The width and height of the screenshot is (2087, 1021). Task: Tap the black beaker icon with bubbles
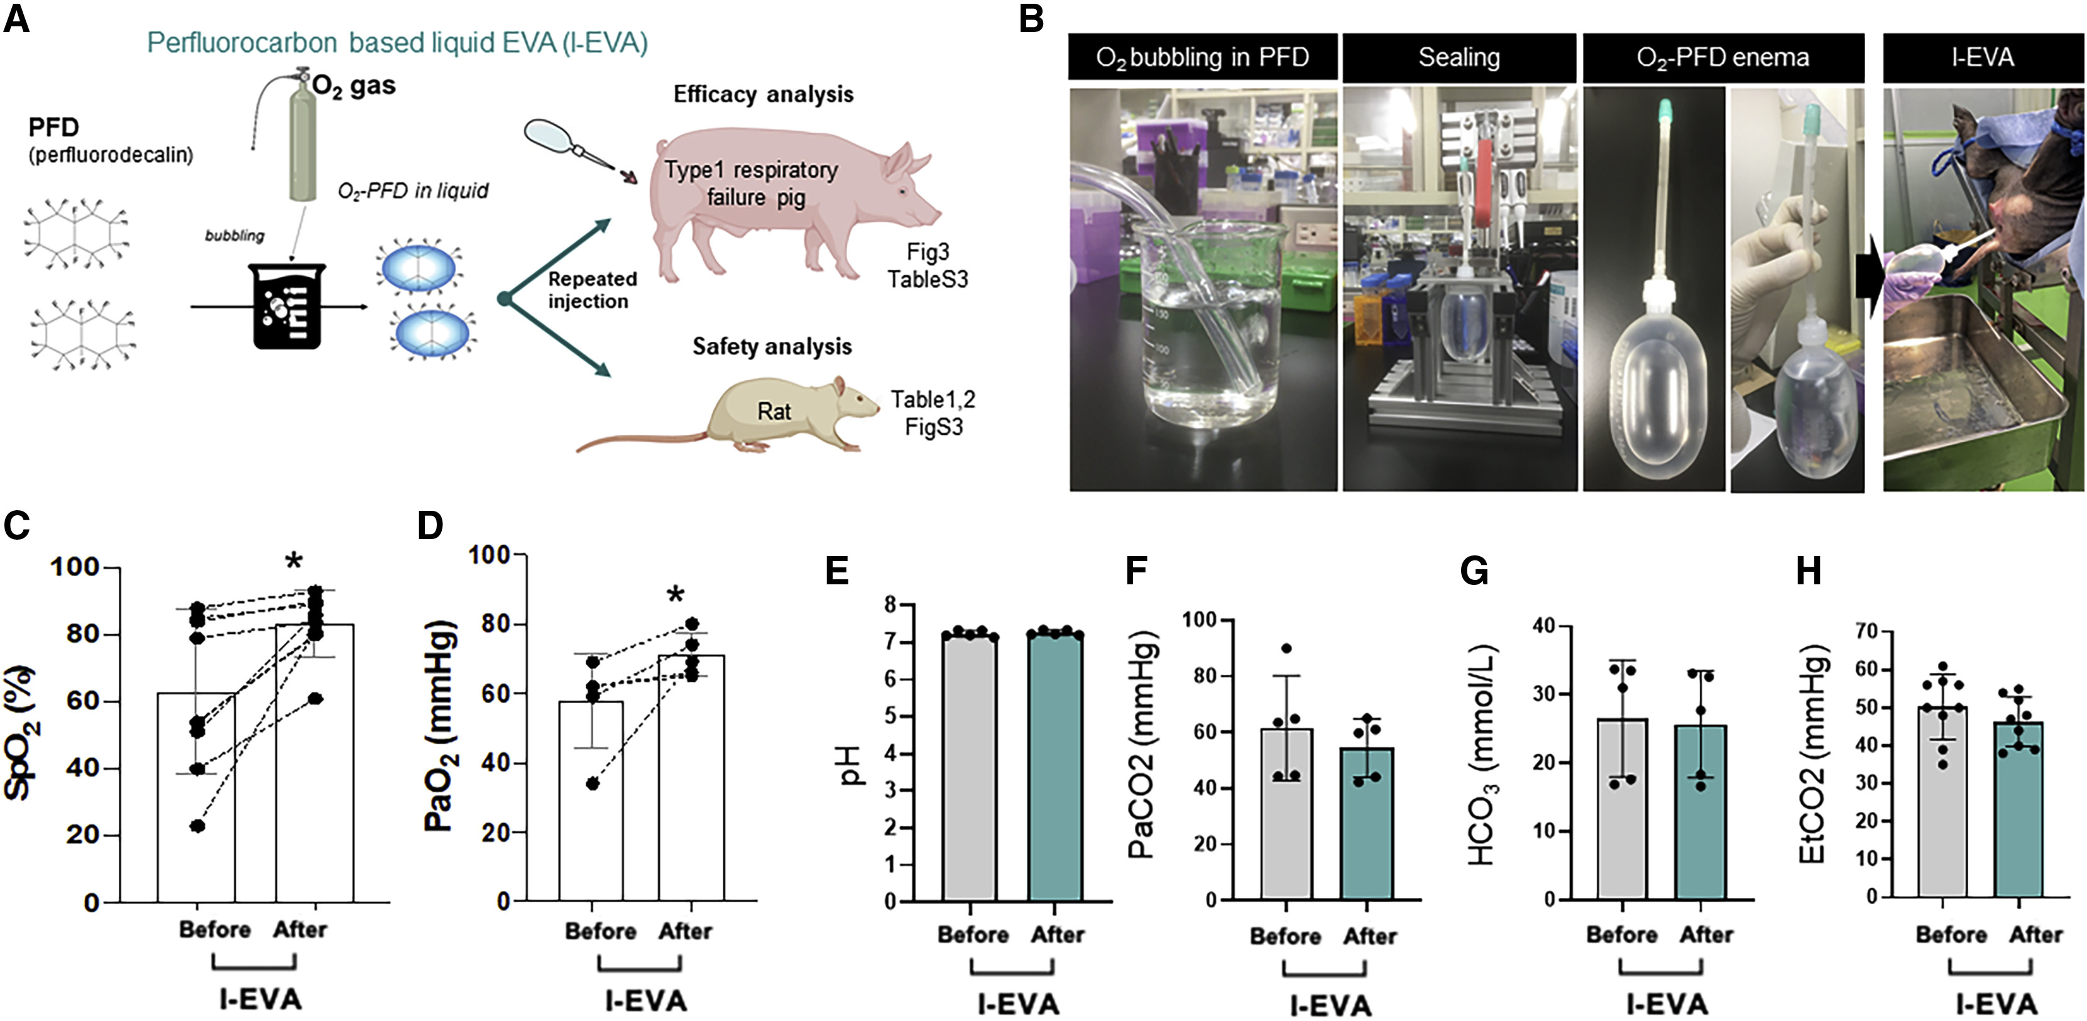289,307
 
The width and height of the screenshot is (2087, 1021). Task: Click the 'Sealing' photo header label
1459,58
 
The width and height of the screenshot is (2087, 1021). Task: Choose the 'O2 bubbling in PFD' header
1202,58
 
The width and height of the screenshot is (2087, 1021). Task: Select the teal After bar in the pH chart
1056,770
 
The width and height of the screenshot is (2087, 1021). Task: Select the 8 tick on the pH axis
890,605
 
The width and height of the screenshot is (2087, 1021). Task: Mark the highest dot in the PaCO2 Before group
1286,648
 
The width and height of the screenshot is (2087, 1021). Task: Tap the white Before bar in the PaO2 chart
591,802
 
